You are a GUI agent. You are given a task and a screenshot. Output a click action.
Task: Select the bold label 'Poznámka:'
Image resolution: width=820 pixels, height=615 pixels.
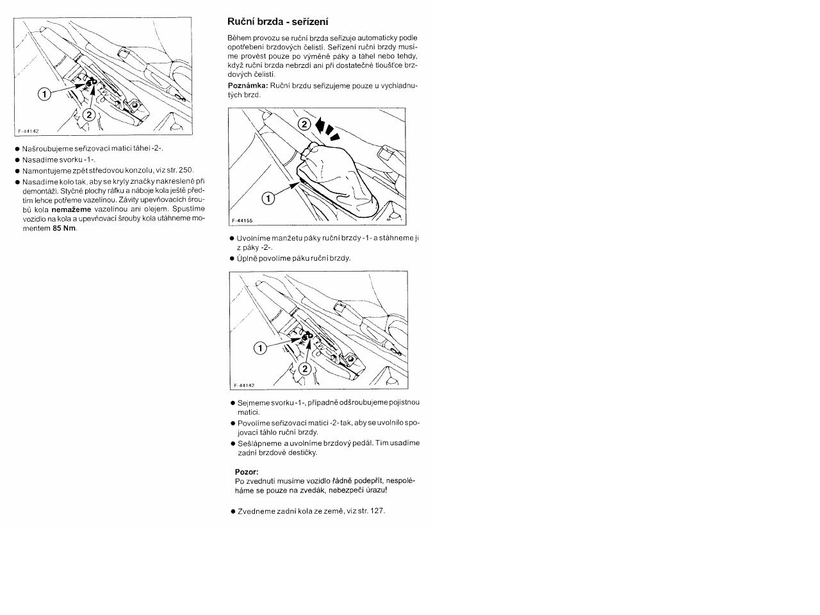248,85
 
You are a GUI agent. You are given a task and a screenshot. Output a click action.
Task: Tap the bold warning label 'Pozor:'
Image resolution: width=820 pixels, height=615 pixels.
247,472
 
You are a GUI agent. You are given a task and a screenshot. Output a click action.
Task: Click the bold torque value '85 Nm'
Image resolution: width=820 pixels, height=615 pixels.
64,229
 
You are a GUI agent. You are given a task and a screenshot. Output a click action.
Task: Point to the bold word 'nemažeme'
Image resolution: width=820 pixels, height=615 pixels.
72,209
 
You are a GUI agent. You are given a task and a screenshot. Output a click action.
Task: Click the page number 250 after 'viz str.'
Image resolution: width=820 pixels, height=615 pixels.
185,170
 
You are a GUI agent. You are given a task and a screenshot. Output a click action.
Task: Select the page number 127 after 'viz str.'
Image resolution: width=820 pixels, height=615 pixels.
377,511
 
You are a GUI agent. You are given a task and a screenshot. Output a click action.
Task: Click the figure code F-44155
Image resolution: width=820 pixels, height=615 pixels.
242,220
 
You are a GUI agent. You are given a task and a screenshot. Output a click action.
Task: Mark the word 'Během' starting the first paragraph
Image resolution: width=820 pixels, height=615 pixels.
240,38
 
